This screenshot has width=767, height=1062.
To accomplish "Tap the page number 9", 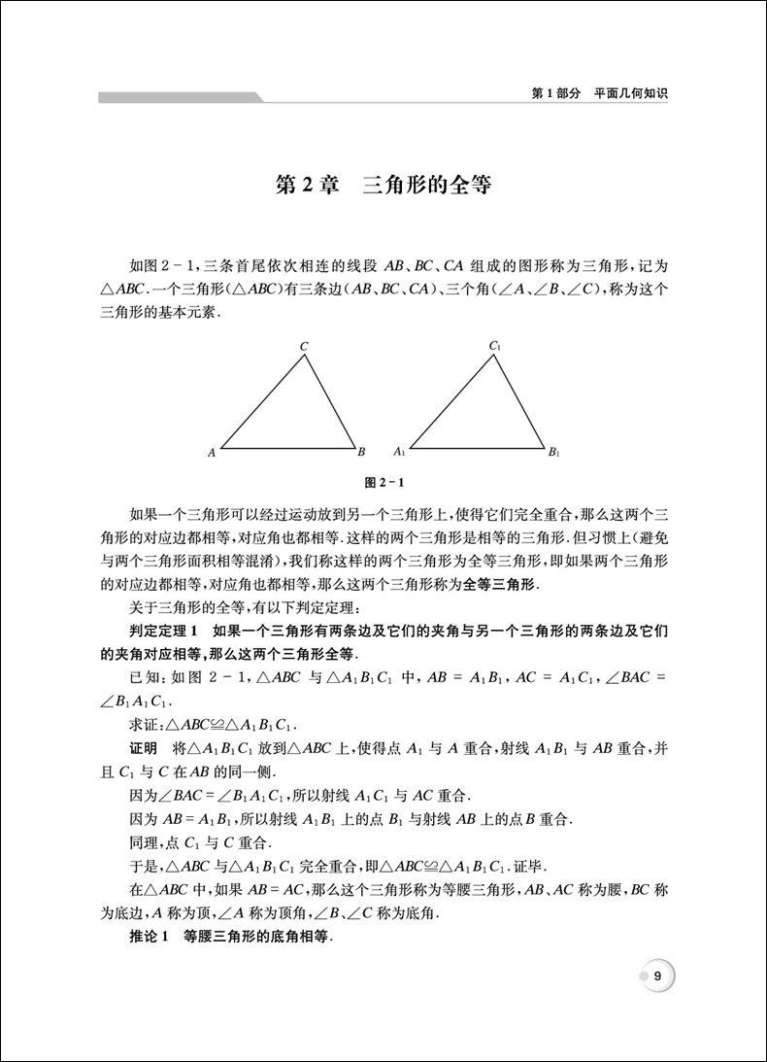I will point(657,976).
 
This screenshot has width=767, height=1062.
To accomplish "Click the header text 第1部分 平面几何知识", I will point(602,94).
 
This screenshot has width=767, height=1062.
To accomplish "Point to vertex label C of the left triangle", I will point(304,346).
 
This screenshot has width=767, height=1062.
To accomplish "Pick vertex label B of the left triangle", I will point(361,451).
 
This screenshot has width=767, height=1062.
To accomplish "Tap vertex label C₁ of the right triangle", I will point(494,346).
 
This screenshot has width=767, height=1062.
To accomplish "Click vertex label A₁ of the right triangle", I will point(398,452).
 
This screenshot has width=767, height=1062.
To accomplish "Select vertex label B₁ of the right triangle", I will point(553,452).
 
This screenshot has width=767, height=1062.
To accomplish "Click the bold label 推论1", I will point(149,938).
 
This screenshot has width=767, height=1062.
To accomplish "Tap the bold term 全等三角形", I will point(494,584).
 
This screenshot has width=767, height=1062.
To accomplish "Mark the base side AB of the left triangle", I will point(288,448).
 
